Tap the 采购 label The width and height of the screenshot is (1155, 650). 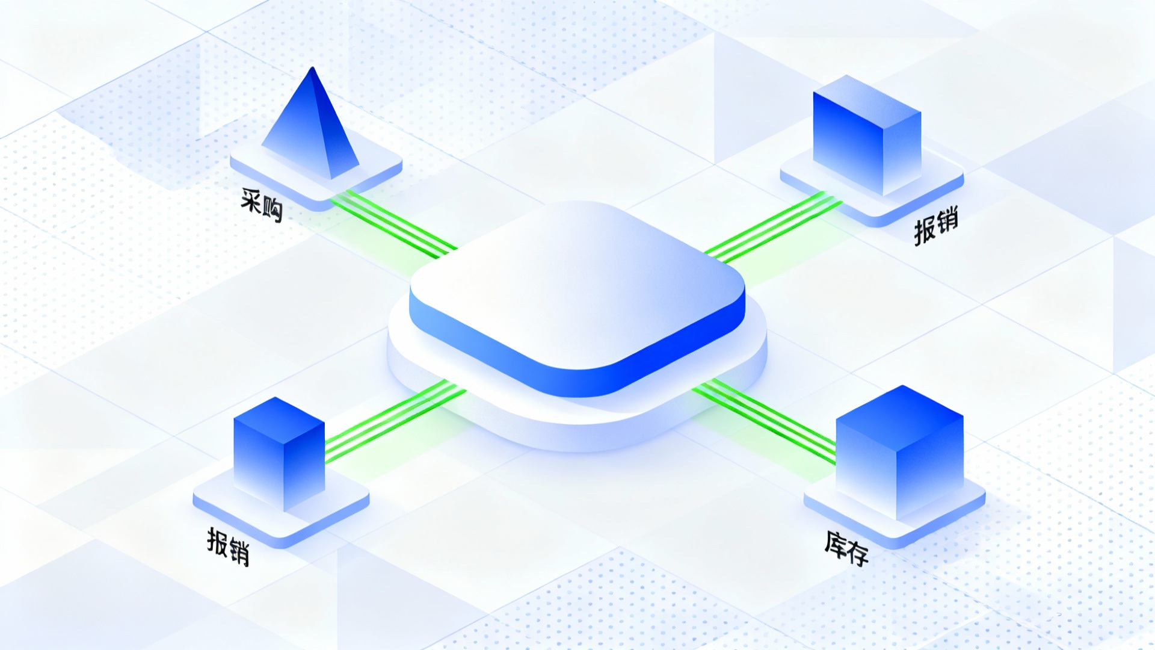tap(262, 205)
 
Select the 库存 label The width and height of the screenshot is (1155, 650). tap(846, 548)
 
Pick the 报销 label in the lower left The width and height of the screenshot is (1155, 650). tap(228, 546)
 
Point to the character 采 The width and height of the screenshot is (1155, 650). tap(251, 199)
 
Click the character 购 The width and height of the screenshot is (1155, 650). tap(273, 211)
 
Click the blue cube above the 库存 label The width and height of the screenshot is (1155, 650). tap(900, 451)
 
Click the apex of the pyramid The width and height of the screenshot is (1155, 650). tap(312, 69)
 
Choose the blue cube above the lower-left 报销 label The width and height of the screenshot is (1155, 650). tap(279, 451)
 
